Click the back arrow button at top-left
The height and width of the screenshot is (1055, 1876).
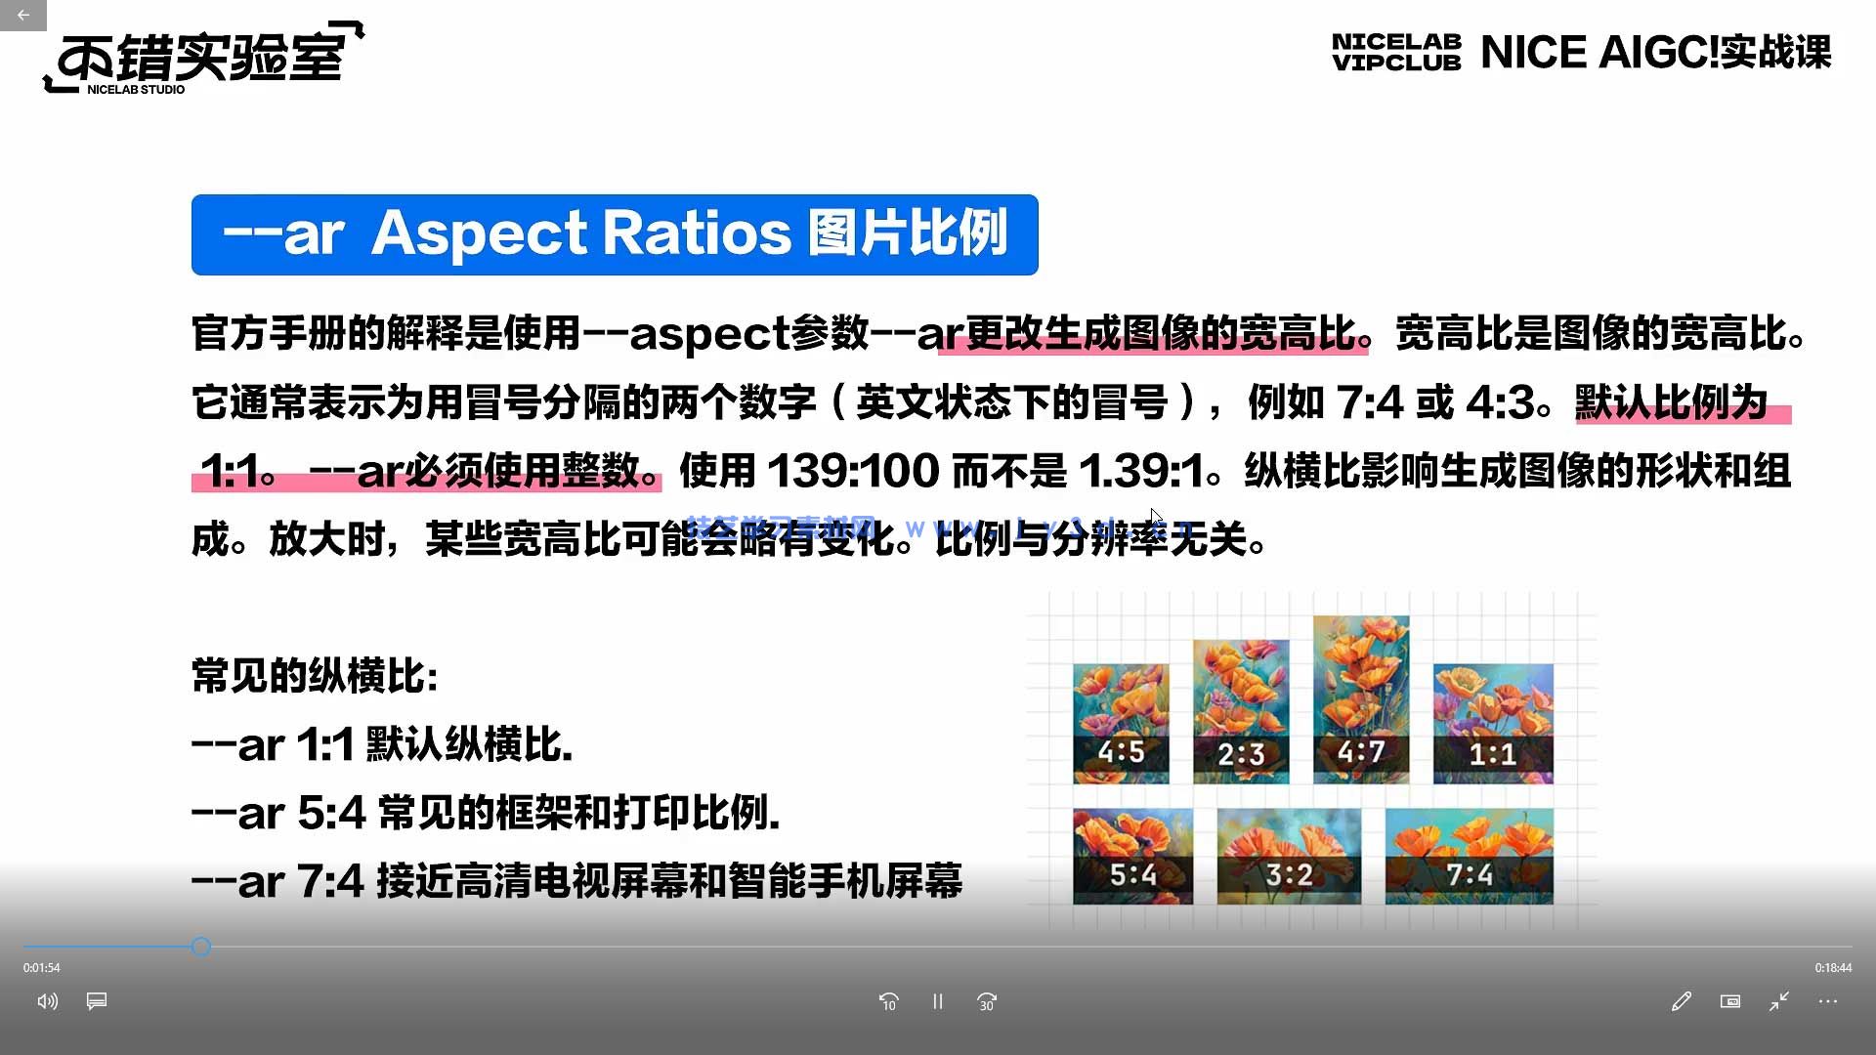pos(22,16)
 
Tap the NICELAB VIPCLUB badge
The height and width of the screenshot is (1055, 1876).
pos(1396,53)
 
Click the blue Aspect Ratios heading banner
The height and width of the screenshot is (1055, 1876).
pos(615,234)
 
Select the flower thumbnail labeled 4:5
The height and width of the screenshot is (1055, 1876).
pos(1121,724)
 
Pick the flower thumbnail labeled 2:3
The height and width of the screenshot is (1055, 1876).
pos(1241,711)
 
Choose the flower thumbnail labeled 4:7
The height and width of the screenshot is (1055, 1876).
pos(1361,699)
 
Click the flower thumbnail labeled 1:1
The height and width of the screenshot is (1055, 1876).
pos(1493,724)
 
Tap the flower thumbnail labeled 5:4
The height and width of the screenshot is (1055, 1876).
pos(1132,857)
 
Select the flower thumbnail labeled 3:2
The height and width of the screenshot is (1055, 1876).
pos(1289,857)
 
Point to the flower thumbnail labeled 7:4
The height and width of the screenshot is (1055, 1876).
pos(1469,857)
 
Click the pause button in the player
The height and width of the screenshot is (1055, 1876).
pos(938,1001)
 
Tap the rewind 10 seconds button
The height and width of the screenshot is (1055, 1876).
pos(888,1001)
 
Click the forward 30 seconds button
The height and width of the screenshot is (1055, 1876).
pos(987,1001)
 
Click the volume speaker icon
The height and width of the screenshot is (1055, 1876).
pos(47,1001)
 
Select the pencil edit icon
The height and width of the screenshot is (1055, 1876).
pos(1682,1001)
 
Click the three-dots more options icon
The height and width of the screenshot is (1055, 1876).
pos(1828,1001)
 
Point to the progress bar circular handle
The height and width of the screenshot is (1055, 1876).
pos(201,947)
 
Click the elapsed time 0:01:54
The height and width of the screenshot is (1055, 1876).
pos(42,968)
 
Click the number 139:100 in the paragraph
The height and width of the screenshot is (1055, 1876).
pos(853,472)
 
